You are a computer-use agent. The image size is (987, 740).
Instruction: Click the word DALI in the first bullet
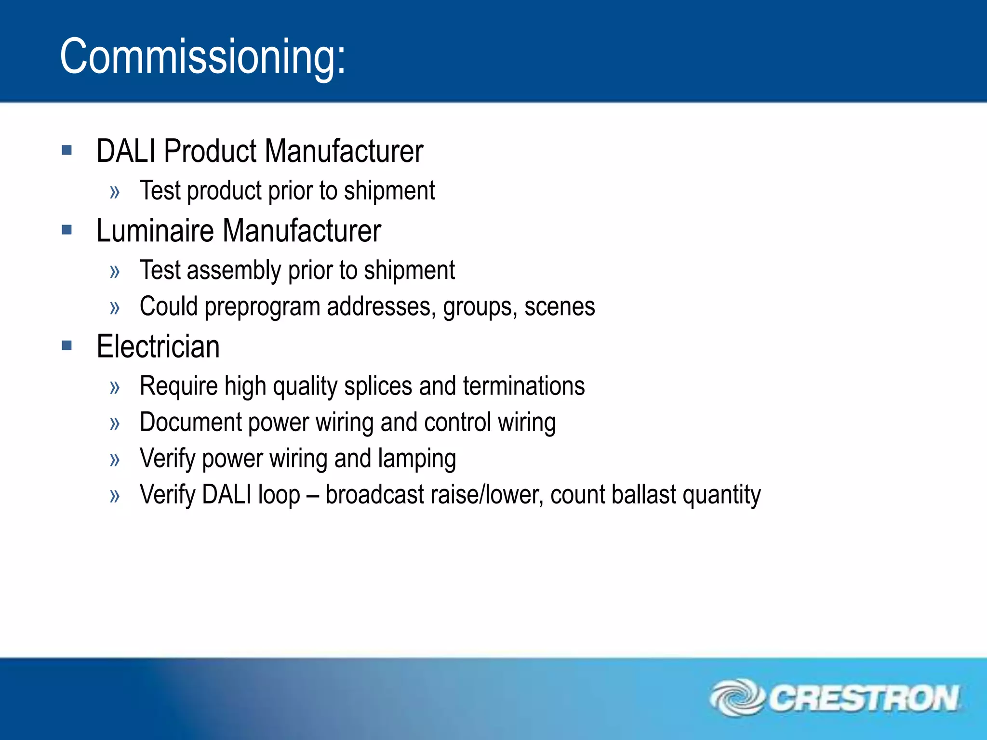[126, 151]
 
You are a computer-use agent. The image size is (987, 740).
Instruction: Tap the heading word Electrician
[158, 346]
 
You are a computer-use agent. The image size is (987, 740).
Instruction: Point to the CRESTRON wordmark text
[864, 699]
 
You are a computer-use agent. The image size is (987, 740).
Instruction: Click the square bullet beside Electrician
[67, 345]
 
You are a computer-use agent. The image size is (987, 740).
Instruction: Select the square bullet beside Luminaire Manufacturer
[67, 229]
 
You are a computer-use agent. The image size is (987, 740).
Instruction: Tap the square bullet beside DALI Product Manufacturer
[67, 150]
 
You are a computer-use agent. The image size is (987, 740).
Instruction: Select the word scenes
[560, 307]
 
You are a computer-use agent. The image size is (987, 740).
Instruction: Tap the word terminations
[524, 386]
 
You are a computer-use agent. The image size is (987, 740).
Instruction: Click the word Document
[190, 423]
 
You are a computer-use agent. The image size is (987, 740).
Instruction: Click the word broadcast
[374, 495]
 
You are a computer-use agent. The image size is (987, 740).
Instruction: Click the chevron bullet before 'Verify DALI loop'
[115, 496]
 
